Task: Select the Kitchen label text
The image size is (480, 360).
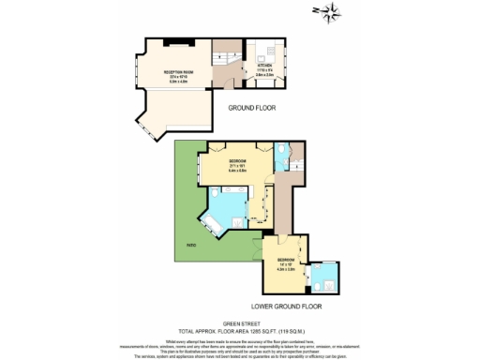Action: (266, 66)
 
